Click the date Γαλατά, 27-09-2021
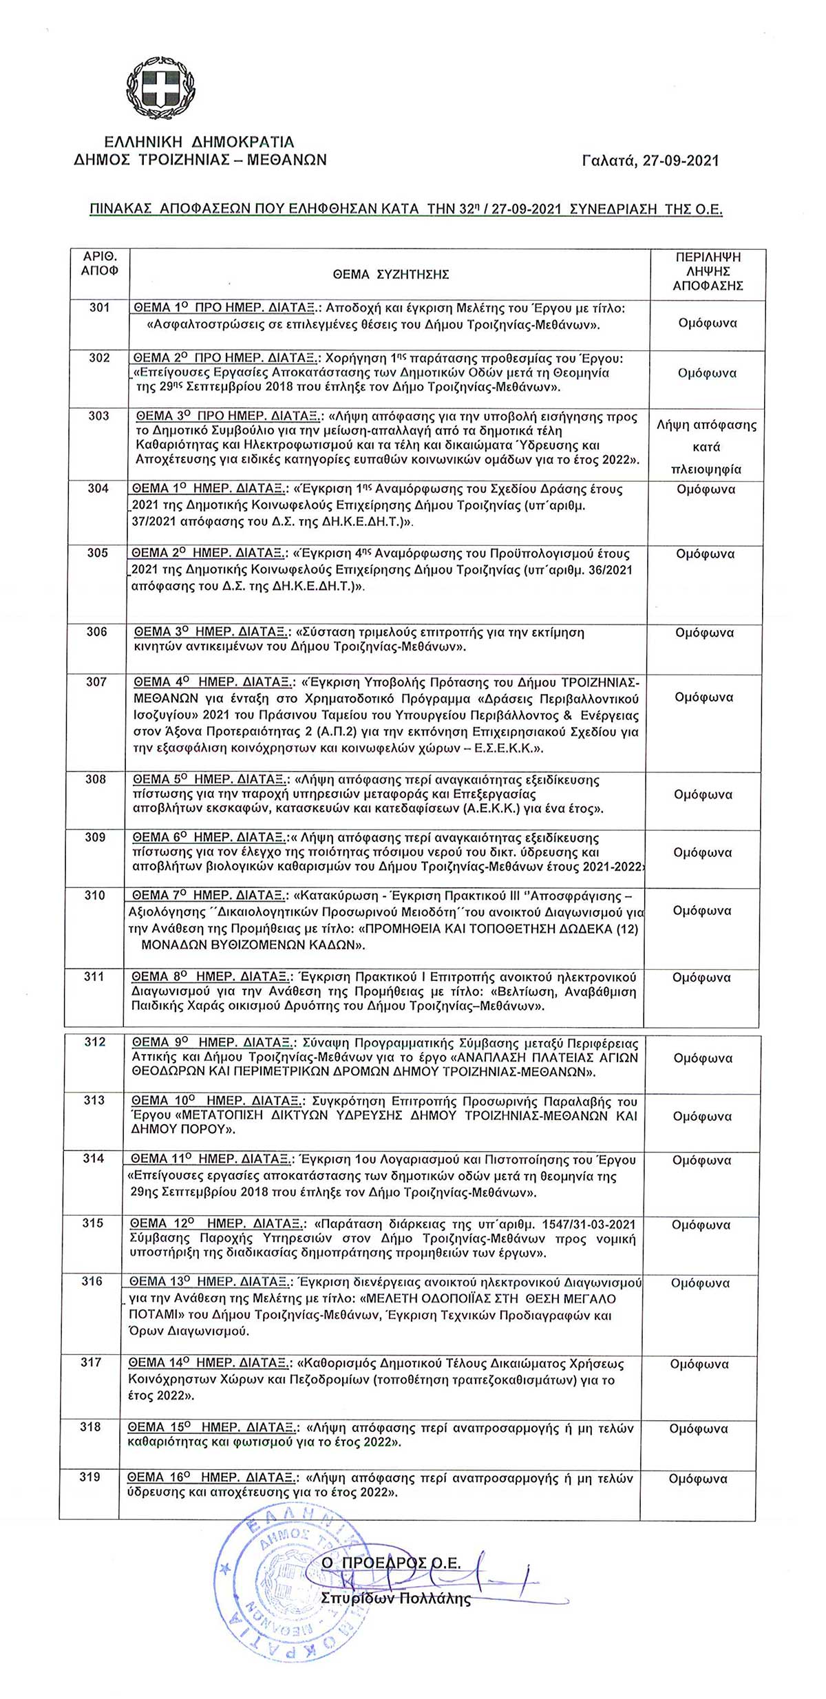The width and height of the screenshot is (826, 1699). pos(650,160)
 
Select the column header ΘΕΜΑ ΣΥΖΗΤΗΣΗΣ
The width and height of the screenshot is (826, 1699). pos(390,275)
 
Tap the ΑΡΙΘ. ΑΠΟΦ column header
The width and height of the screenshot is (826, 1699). pos(99,264)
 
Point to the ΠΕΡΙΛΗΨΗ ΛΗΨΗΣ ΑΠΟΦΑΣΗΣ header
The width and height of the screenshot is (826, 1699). pos(708,271)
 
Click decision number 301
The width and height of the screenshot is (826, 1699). pos(99,308)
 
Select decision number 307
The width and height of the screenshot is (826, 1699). pos(96,682)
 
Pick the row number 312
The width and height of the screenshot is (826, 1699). pos(95,1042)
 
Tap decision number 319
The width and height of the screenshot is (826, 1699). pos(90,1477)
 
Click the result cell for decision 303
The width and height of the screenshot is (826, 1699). pos(706,447)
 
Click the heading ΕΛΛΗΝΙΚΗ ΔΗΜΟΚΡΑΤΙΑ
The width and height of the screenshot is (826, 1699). pos(199,143)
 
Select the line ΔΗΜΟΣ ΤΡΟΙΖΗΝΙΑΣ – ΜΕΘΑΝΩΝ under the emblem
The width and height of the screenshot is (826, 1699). pos(200,160)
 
